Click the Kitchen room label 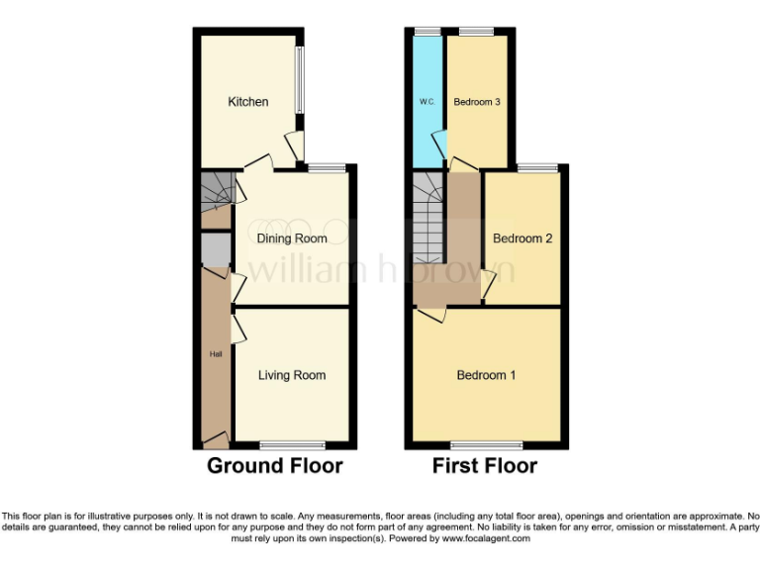click(x=247, y=102)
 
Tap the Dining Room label click(x=292, y=238)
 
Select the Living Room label click(x=292, y=375)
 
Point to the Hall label click(x=215, y=353)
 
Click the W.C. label click(x=427, y=102)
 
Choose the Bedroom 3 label click(x=477, y=102)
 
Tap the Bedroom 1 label click(x=486, y=375)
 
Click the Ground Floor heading click(x=274, y=466)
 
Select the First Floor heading click(x=485, y=466)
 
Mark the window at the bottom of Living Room click(x=292, y=444)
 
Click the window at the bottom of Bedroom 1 click(x=486, y=444)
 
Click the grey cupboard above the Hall click(x=214, y=249)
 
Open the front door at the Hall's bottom click(x=215, y=437)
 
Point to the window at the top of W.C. click(x=427, y=32)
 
